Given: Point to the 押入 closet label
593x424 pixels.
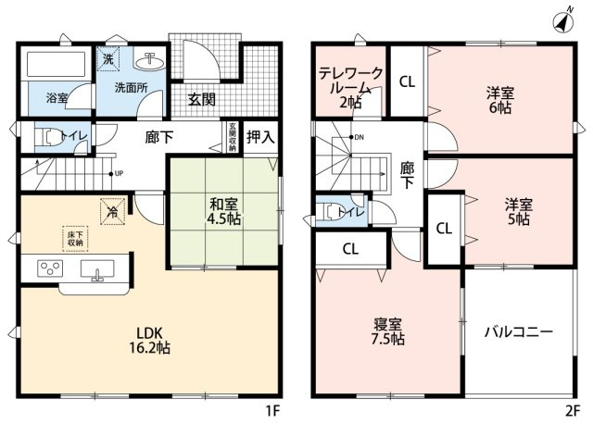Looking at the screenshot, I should pos(259,138).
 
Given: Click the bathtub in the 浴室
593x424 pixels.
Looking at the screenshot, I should pos(55,68).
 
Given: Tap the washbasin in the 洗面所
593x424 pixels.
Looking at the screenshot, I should pos(148,62).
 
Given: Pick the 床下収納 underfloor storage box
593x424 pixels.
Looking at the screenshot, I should pos(75,238).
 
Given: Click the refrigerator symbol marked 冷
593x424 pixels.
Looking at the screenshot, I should pos(112,212).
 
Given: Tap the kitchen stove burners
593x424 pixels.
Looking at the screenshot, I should pos(49,269).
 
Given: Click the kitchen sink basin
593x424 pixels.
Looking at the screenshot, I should pos(97,270).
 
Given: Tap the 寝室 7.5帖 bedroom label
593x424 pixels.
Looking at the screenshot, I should pos(388,331).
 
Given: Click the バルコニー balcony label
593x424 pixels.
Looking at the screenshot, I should pos(518,332).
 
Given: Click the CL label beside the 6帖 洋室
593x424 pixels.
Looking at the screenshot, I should pos(406,81).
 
